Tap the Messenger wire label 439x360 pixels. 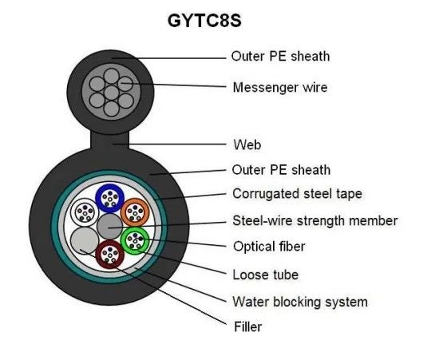click(x=279, y=86)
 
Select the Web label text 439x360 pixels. click(x=247, y=145)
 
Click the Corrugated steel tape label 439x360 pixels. click(x=297, y=193)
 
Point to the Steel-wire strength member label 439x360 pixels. click(x=314, y=220)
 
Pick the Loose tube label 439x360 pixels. click(x=265, y=275)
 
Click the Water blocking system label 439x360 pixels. click(x=299, y=301)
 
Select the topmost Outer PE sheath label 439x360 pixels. click(x=280, y=56)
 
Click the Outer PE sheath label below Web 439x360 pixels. click(x=280, y=169)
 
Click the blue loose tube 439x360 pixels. click(x=108, y=197)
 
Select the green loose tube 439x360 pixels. click(x=134, y=240)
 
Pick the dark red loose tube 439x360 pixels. click(x=109, y=255)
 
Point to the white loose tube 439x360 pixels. click(x=83, y=212)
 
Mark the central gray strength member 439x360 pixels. click(x=109, y=227)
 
